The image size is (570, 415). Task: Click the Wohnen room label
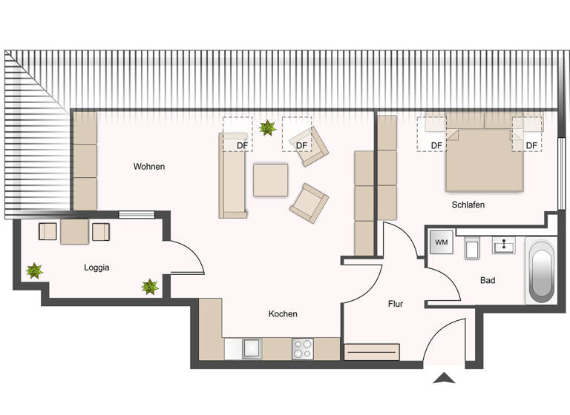148,167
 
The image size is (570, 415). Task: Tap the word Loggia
96,268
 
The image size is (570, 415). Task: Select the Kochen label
283,314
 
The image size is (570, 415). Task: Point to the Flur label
396,304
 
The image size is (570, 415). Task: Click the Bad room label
488,281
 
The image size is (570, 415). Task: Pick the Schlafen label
468,205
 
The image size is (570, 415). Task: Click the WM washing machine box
442,242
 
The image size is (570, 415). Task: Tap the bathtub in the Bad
540,270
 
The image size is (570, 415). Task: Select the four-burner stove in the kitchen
303,348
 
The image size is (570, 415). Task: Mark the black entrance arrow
444,379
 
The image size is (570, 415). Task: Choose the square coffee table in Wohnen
270,180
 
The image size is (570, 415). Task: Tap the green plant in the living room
267,128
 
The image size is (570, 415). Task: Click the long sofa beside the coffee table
233,175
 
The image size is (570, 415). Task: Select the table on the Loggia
75,232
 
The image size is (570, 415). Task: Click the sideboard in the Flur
373,351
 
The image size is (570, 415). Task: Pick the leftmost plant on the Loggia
33,271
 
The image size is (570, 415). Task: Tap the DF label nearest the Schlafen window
531,145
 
